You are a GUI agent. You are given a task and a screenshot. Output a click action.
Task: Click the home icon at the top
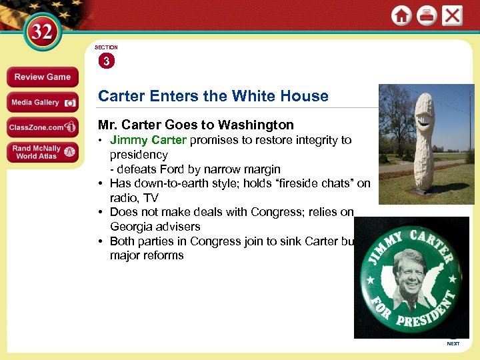[401, 16]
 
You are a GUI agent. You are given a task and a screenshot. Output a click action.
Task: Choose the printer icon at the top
[427, 16]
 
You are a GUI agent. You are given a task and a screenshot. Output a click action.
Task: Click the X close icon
[452, 16]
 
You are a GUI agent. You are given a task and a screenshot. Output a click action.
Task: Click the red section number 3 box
[106, 61]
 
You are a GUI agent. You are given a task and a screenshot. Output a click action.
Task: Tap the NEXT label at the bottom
[453, 344]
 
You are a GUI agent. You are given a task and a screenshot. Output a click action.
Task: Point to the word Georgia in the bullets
[132, 227]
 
